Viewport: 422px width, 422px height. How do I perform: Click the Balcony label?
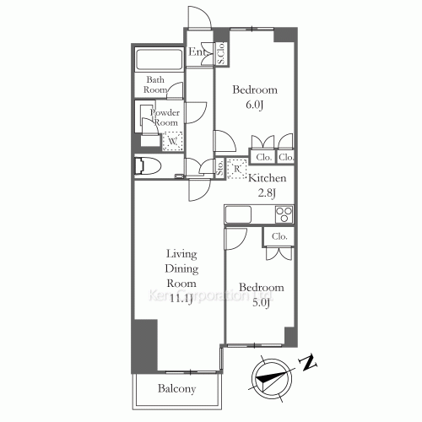point(176,389)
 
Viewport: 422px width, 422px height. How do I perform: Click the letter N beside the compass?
point(310,364)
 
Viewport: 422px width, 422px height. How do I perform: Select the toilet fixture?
point(149,165)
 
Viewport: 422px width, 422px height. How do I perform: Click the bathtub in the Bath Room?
point(160,62)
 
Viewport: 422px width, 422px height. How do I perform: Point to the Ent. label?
point(198,53)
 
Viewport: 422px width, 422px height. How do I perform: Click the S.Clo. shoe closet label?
point(220,54)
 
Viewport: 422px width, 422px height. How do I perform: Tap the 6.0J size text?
point(256,105)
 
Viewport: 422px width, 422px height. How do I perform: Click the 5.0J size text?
point(260,303)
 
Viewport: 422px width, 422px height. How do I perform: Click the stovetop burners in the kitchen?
point(283,214)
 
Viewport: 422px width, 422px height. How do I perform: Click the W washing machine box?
point(171,142)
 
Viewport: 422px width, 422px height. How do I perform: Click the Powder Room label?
point(165,117)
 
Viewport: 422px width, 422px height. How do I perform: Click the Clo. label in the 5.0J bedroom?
point(279,236)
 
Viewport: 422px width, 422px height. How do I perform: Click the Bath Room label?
point(154,84)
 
